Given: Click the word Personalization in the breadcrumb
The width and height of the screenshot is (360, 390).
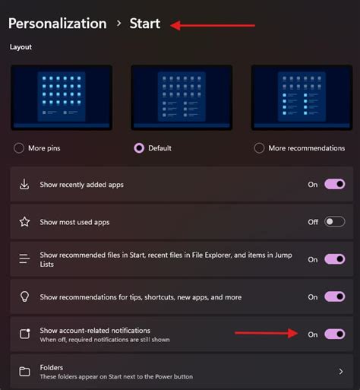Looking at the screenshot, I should (57, 24).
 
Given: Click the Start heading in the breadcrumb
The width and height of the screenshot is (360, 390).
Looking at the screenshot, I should (144, 24).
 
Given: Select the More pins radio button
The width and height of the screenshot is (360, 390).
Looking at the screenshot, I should (18, 148).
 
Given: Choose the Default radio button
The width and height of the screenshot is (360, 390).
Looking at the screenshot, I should (139, 148).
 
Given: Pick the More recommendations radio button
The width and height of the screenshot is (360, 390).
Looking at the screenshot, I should (260, 148).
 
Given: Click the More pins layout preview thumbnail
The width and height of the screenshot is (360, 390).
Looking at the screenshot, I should (62, 97).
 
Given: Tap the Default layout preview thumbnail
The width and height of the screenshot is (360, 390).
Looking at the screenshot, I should (182, 97).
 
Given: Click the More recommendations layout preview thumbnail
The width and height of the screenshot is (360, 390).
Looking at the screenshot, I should (302, 97).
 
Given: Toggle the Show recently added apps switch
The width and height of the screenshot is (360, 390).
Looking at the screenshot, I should (335, 185).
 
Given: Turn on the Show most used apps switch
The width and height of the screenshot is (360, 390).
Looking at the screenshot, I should (335, 222).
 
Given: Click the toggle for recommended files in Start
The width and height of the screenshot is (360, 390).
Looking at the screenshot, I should (335, 259).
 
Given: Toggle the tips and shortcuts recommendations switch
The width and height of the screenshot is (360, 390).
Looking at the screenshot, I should (335, 296).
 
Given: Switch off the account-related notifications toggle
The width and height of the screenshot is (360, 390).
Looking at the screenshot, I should (335, 334).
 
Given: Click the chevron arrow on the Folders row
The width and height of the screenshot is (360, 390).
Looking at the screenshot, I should (340, 372).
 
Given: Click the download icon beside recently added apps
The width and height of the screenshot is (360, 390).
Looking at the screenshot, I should (24, 185).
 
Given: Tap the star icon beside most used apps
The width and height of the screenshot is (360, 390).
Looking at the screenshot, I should (24, 222).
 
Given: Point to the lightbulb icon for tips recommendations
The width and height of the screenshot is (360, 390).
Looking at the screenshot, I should (24, 296).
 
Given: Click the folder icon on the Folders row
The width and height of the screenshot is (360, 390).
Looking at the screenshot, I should (24, 372).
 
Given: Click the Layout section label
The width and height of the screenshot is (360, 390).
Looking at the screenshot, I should (21, 46).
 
